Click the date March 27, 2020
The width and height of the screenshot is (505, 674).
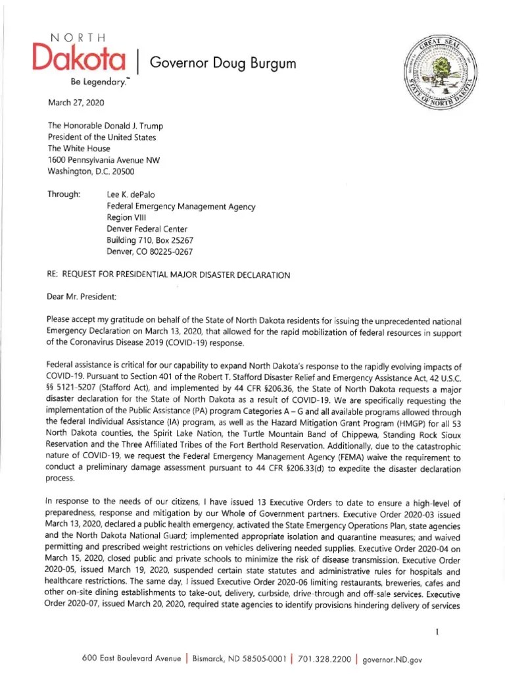76,103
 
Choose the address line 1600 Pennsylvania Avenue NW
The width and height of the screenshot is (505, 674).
104,160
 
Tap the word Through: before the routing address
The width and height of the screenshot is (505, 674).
64,194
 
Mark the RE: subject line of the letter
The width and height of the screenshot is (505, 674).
169,274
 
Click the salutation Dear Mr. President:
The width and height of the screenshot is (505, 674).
82,296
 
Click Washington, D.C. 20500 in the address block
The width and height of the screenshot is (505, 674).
91,171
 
